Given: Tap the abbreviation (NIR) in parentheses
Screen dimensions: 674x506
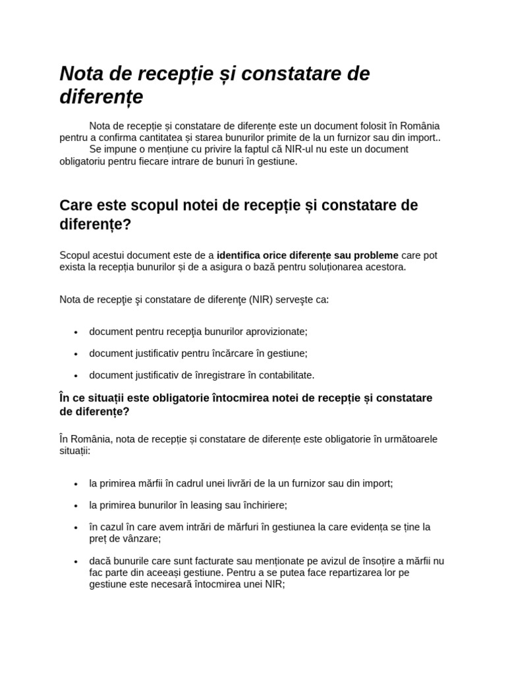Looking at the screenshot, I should (x=262, y=299).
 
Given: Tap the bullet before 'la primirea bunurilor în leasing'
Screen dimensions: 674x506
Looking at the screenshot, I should (x=77, y=505).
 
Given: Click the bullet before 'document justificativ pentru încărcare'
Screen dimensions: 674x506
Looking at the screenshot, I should (x=77, y=354).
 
